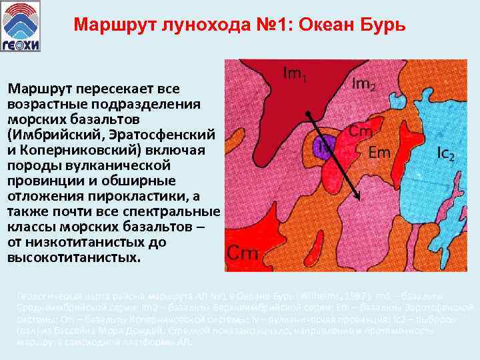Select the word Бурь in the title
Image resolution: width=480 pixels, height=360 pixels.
(x=383, y=25)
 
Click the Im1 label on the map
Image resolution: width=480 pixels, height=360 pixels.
(x=294, y=74)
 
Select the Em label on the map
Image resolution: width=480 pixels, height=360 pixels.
(x=379, y=152)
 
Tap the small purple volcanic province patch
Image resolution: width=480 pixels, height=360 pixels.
(x=323, y=145)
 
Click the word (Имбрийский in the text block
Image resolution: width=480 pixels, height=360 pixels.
(x=48, y=134)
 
